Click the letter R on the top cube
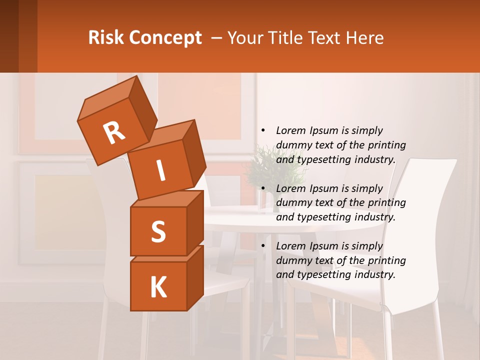[x=114, y=132]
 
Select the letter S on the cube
[x=158, y=231]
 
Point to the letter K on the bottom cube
[x=158, y=287]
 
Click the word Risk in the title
[x=105, y=38]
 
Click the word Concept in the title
[x=164, y=38]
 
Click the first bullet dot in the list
[x=263, y=131]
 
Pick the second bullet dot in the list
[x=263, y=189]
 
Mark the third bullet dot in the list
[x=263, y=246]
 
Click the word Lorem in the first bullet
[x=291, y=131]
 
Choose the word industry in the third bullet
[x=375, y=274]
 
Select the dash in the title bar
[x=217, y=38]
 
